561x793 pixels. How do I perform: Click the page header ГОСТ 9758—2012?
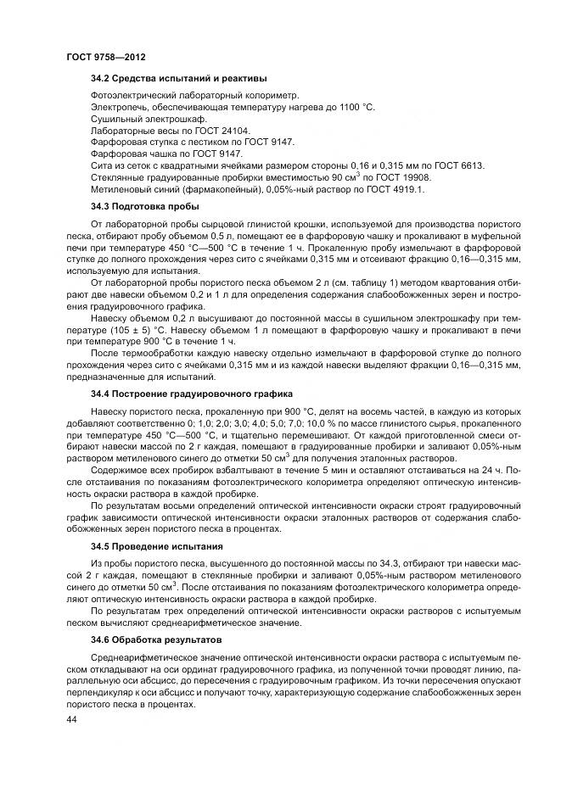pyautogui.click(x=105, y=57)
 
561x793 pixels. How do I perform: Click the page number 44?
pyautogui.click(x=71, y=718)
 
